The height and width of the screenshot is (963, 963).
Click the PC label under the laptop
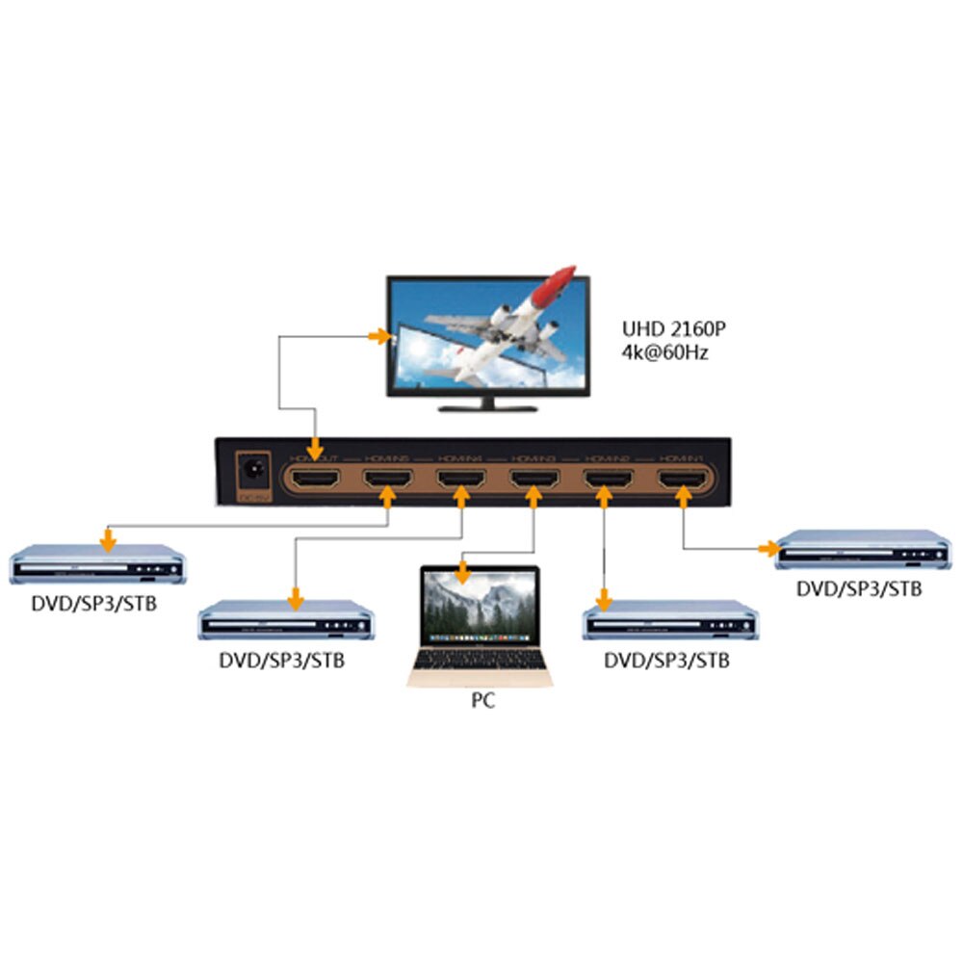pos(482,700)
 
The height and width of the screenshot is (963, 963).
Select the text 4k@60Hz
pos(665,352)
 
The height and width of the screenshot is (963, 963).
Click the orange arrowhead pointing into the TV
pos(378,336)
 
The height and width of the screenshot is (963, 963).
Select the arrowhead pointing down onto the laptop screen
pos(462,576)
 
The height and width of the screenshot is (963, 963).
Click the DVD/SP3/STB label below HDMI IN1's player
pos(859,587)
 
